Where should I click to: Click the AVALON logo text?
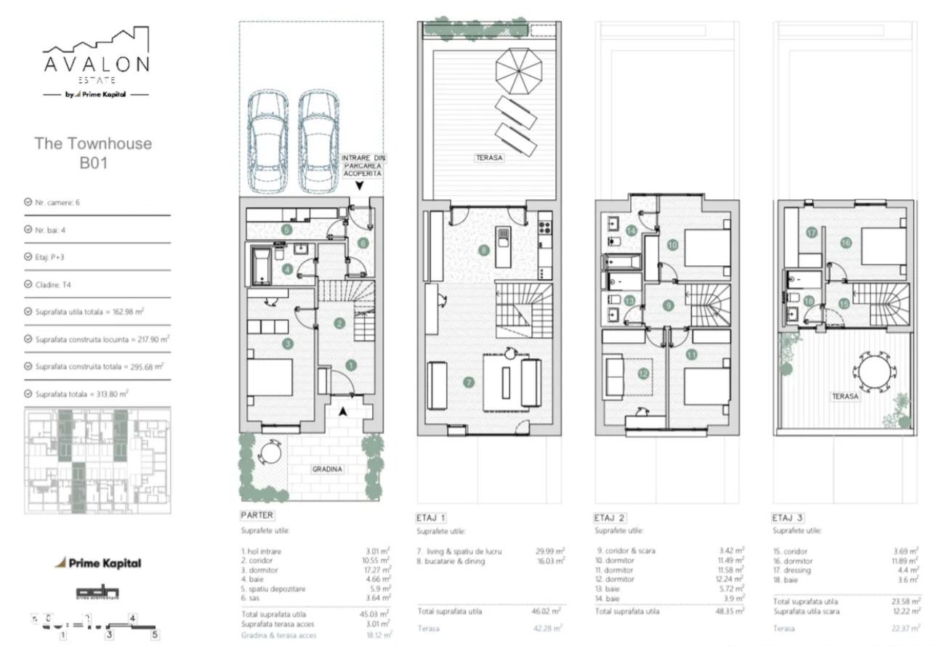tap(96, 63)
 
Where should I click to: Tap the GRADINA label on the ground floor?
tap(326, 469)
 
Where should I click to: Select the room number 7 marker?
tap(470, 381)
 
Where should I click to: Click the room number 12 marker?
tap(642, 374)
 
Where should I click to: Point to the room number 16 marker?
tap(845, 243)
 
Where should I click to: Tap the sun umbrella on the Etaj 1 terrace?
tap(520, 67)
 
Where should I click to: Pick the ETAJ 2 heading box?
tap(610, 518)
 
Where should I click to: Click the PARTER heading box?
tap(257, 515)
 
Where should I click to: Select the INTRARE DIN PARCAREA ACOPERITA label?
tap(361, 166)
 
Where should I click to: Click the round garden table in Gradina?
tap(271, 456)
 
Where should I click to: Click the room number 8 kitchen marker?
tap(483, 251)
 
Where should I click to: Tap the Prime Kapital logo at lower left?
tap(99, 562)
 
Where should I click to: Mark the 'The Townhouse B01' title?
tap(93, 153)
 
